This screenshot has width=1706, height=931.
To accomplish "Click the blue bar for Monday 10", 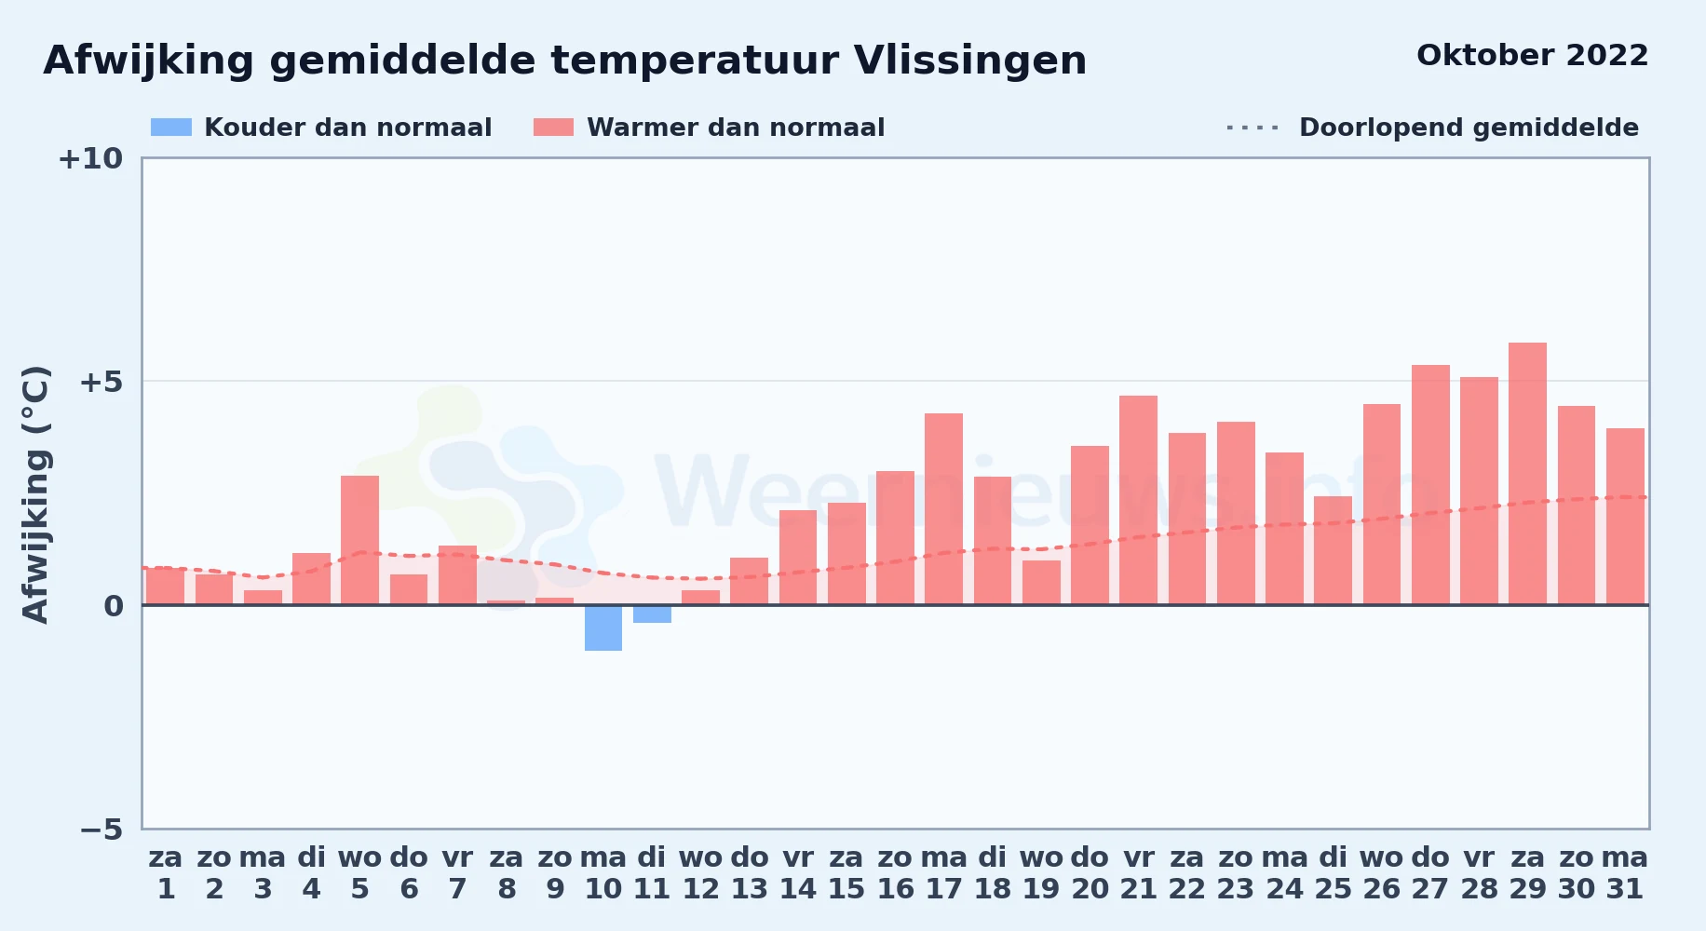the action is (603, 627).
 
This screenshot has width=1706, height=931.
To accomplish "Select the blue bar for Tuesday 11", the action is (652, 614).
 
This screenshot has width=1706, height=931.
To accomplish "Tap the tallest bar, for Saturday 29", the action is (1527, 474).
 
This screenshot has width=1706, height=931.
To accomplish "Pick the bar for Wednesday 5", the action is (360, 540).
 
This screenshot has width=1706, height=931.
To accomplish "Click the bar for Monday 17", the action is (943, 509).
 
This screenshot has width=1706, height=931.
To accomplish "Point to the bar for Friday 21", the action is (1138, 500).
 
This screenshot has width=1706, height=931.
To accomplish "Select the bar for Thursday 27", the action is (1430, 485).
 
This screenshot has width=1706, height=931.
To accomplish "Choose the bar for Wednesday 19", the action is (1041, 583).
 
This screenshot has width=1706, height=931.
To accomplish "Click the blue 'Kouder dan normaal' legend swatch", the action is (171, 128).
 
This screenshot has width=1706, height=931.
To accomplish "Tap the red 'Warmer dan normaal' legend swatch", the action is (553, 128).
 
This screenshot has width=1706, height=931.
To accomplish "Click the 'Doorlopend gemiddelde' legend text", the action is (1469, 128).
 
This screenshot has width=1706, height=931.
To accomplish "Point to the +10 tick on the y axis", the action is (90, 158).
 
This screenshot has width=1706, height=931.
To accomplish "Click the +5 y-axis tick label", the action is (101, 382).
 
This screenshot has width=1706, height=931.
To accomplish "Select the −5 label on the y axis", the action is (101, 829).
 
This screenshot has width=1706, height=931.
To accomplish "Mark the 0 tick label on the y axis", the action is (114, 606).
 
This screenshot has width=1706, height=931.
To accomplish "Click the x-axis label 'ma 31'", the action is (1625, 873).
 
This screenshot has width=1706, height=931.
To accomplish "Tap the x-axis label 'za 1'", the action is (166, 873).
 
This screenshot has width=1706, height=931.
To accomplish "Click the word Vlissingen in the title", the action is (970, 61).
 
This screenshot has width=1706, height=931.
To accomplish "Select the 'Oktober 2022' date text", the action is (1532, 56).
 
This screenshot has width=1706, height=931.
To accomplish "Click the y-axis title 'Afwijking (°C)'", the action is (35, 494).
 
